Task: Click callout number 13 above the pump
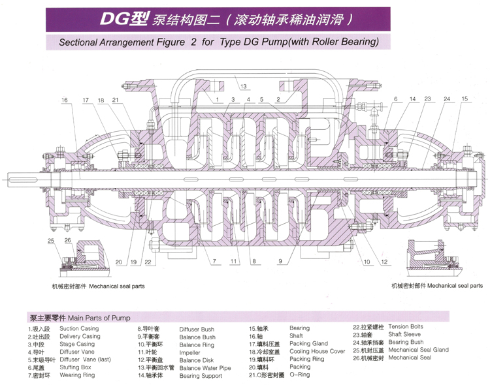pos(242,86)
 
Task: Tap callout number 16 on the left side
pos(65,100)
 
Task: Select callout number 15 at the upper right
pos(465,99)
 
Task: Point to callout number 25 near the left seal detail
pos(52,241)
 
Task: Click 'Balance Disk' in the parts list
pos(197,360)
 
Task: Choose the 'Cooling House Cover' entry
pos(318,352)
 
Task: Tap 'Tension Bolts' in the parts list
pos(406,326)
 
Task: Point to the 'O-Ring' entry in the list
pos(299,375)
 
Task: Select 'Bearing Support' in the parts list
pos(201,376)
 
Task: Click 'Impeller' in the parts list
pos(190,352)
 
